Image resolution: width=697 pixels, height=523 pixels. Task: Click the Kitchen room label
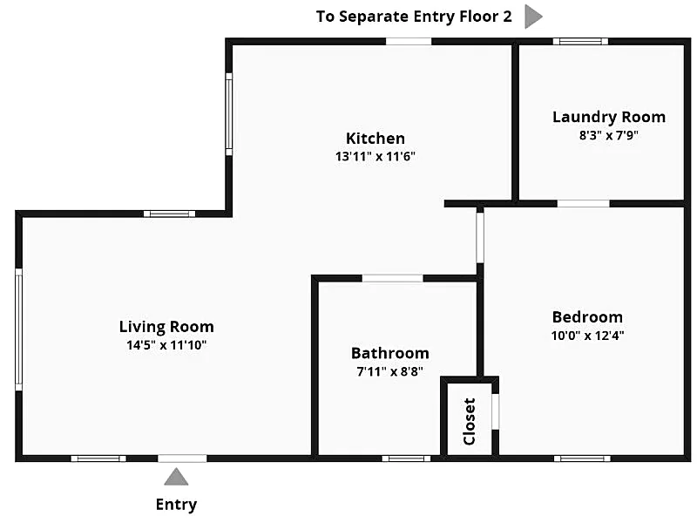[x=376, y=139]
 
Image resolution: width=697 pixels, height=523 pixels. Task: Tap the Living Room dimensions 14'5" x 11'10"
[x=166, y=344]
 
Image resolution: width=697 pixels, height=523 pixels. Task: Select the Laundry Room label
[x=609, y=117]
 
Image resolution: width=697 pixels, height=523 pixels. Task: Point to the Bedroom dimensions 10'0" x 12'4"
[x=587, y=336]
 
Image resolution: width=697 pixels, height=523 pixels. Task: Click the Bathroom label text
[x=389, y=353]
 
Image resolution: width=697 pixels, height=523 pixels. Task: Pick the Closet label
[x=470, y=421]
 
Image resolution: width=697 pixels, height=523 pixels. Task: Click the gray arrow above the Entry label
[x=177, y=477]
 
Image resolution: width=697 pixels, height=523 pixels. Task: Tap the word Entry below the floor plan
[x=177, y=505]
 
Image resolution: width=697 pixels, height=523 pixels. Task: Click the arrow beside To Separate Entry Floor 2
[x=533, y=17]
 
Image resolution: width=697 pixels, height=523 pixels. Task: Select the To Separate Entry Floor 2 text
[x=414, y=17]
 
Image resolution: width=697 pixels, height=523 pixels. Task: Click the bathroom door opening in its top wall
[x=393, y=278]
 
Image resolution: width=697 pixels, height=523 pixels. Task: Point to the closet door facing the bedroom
[x=495, y=411]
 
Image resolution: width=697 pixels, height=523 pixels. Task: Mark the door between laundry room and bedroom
[x=583, y=204]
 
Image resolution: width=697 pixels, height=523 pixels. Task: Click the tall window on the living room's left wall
[x=18, y=329]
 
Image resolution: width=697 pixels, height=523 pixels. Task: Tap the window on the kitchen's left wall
[x=229, y=114]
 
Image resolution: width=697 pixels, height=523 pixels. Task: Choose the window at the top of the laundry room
[x=580, y=41]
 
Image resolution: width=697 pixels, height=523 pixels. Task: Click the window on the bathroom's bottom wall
[x=406, y=458]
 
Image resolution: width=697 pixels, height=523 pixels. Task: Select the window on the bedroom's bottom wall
[x=582, y=458]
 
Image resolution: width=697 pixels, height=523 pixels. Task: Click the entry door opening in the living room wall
[x=182, y=458]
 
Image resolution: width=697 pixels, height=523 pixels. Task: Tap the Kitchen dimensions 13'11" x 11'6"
[x=376, y=157]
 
